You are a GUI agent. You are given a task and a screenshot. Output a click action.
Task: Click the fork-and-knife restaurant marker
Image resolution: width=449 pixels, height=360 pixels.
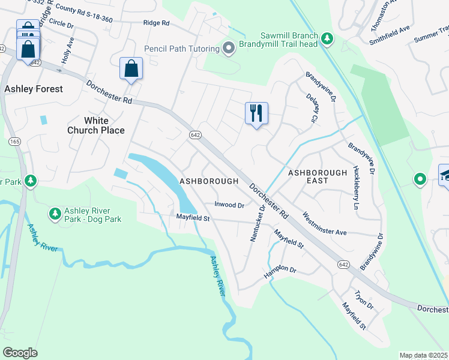[256, 113]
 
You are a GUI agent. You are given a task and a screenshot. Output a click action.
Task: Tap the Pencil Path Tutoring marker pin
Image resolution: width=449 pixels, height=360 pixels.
[228, 48]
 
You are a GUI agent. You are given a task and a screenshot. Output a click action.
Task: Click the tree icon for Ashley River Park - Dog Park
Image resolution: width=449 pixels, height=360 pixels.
[55, 214]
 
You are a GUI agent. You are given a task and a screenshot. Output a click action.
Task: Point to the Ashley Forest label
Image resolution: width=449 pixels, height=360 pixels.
[34, 89]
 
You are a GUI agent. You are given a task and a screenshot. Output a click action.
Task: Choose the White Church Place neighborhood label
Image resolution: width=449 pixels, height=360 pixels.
[96, 125]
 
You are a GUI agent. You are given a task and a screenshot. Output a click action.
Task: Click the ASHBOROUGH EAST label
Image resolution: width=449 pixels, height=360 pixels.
[318, 176]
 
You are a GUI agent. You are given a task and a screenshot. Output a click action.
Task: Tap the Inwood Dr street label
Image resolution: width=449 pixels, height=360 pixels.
[230, 205]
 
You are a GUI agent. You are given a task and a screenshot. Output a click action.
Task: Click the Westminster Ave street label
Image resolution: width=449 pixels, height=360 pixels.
[325, 223]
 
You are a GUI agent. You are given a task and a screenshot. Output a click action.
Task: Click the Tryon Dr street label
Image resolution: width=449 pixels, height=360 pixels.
[364, 301]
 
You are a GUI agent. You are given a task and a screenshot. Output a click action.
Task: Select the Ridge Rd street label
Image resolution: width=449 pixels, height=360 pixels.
[157, 23]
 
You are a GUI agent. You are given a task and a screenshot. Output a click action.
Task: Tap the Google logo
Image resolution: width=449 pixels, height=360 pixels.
[20, 352]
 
